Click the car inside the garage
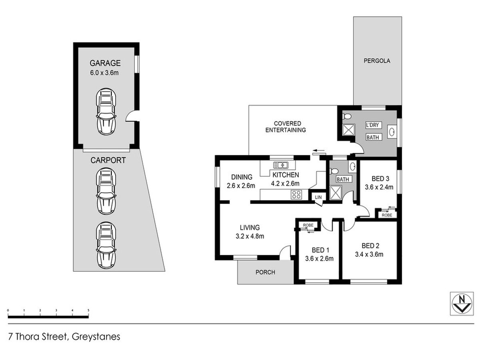click(106, 112)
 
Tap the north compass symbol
click(462, 304)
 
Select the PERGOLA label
click(377, 61)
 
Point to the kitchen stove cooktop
click(296, 194)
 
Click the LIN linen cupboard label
click(318, 197)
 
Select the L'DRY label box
click(374, 125)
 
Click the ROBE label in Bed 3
click(387, 215)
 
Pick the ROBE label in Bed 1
click(308, 225)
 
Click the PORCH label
click(265, 272)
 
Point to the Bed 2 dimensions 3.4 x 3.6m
click(369, 254)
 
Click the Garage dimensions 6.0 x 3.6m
click(104, 72)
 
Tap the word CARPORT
click(108, 160)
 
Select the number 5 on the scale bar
click(88, 310)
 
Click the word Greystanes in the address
click(96, 337)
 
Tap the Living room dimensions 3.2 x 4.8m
click(250, 236)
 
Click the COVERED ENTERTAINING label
click(286, 127)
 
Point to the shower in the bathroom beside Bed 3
click(336, 192)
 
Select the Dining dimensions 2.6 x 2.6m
click(241, 186)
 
